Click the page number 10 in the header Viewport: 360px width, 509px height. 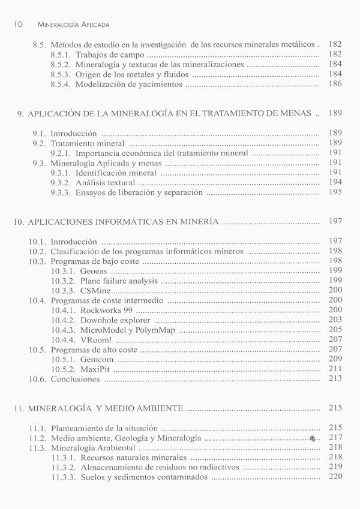coord(17,25)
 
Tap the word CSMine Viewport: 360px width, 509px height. coord(95,290)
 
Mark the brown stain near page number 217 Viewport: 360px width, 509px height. coord(313,439)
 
